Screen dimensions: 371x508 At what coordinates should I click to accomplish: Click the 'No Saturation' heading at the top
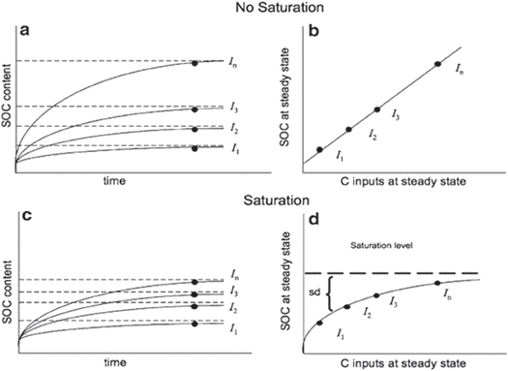point(254,8)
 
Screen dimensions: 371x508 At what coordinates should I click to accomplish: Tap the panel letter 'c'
point(22,216)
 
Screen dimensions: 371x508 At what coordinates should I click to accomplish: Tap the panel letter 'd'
point(314,216)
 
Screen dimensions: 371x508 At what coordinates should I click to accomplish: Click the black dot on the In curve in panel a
point(195,63)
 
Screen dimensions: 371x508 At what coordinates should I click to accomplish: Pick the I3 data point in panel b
point(377,109)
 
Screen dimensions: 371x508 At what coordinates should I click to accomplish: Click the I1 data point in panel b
point(320,149)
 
